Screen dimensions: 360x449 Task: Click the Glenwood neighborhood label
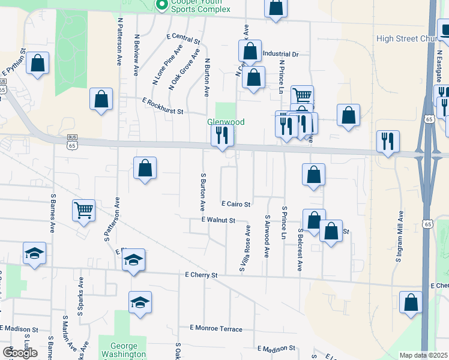[226, 122]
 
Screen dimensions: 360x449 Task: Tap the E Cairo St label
[235, 205]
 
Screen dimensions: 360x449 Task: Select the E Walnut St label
[218, 221]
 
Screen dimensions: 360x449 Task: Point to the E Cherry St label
[200, 275]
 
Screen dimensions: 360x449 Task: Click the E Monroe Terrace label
[216, 329]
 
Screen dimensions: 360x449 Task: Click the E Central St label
[183, 39]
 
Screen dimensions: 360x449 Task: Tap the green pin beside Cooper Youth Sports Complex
[161, 5]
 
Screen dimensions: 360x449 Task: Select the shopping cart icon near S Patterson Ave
[84, 210]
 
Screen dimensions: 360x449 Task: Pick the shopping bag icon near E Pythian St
[38, 64]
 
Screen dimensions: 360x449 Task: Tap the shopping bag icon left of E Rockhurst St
[101, 99]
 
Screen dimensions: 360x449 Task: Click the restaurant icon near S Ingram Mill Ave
[388, 142]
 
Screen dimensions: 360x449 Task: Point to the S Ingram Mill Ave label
[398, 236]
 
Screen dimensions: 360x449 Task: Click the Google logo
[20, 353]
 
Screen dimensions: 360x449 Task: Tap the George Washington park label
[124, 350]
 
